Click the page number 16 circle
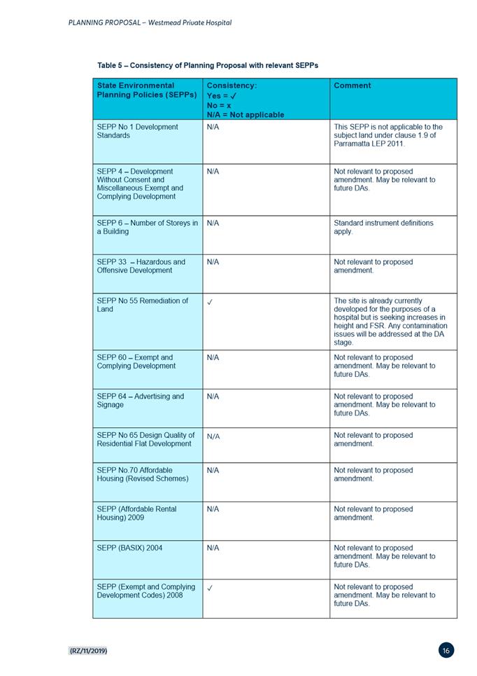446,651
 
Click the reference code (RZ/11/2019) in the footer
88,651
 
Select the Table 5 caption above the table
208,65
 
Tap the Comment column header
353,85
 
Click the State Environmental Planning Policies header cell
146,90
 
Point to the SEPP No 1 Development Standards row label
137,131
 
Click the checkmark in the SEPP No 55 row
211,301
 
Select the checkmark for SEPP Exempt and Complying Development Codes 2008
211,588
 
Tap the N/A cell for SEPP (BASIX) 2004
213,548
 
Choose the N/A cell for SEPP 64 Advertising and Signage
213,396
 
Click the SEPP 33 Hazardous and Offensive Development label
141,266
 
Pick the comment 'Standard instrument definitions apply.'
383,227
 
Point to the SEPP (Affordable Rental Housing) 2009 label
136,513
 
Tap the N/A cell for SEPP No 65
213,436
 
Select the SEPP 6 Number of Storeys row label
147,227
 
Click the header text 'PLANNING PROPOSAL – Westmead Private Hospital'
150,22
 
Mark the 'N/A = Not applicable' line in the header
245,114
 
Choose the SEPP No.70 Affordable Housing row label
143,474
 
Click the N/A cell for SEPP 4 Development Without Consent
213,172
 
